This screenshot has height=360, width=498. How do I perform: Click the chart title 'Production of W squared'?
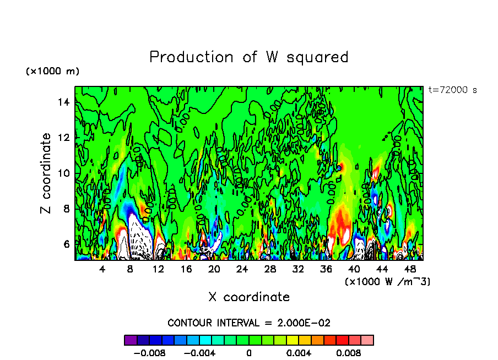(x=249, y=57)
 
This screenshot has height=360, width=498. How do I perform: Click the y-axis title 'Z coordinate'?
(x=46, y=173)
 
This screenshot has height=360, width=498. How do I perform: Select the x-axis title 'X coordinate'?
(x=249, y=297)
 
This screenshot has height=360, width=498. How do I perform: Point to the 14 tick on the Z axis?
(x=65, y=102)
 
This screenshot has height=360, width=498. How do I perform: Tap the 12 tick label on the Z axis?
(x=65, y=137)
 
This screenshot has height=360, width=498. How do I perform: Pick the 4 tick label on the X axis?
(x=102, y=269)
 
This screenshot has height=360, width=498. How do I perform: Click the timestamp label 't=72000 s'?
(x=452, y=90)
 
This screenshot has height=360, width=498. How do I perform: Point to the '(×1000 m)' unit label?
(x=53, y=72)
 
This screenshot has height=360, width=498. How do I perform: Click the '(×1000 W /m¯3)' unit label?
(x=387, y=281)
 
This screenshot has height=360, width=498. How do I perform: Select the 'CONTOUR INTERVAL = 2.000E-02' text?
(x=249, y=323)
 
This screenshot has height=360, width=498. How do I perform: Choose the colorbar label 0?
(x=249, y=353)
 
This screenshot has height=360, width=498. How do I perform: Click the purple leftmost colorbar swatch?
(x=131, y=340)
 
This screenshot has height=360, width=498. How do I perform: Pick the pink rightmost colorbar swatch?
(x=367, y=340)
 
